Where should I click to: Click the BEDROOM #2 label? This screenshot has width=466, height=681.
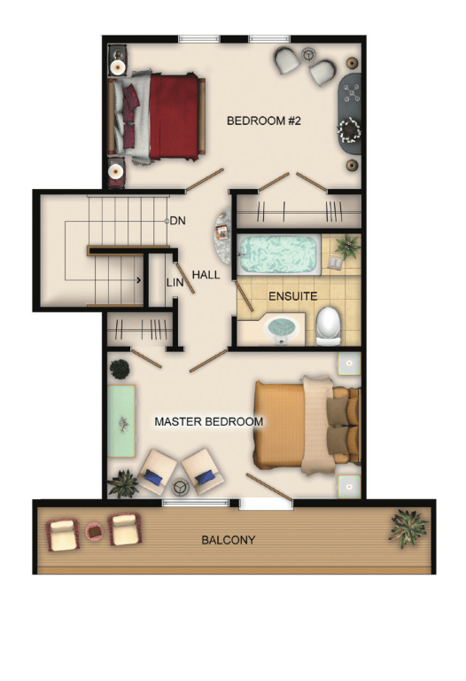[x=263, y=121]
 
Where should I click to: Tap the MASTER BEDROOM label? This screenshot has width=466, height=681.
[x=209, y=422]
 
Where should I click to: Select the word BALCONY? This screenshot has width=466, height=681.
[x=229, y=540]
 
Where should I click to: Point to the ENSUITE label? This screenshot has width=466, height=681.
[x=293, y=296]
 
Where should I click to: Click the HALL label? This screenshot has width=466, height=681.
[x=206, y=275]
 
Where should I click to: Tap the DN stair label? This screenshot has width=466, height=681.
[x=177, y=221]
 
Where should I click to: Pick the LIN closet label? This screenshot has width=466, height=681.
[x=175, y=283]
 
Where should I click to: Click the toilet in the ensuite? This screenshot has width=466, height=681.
[x=328, y=326]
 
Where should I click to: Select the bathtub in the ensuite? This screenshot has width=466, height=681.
[x=279, y=254]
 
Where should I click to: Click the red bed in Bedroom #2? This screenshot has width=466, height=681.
[x=159, y=117]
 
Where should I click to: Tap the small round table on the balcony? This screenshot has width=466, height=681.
[x=94, y=531]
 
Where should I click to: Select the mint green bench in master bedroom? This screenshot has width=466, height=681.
[x=121, y=421]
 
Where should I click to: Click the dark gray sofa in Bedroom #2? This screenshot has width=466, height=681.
[x=350, y=113]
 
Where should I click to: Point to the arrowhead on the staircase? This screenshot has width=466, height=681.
[x=139, y=280]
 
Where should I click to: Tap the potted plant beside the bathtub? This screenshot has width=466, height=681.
[x=348, y=246]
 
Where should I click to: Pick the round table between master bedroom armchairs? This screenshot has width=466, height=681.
[x=179, y=487]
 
